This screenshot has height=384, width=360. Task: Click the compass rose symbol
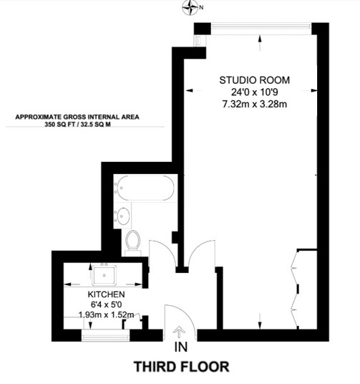[190, 8]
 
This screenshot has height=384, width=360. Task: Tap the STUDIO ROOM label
[254, 80]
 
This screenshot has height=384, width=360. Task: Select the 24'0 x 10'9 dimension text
[255, 92]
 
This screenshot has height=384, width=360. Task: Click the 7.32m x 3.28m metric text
[255, 104]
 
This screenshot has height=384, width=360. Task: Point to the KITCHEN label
[106, 294]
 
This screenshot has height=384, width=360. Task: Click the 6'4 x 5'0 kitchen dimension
[106, 304]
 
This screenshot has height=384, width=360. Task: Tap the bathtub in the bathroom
[145, 188]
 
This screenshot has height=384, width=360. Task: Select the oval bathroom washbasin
[123, 216]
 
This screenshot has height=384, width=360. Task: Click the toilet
[132, 242]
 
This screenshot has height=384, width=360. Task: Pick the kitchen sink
[104, 275]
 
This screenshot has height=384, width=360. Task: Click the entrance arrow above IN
[180, 333]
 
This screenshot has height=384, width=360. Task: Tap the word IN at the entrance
[181, 347]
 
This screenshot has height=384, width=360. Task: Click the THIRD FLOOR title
[181, 367]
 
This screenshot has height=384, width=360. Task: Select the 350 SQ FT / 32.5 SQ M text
[77, 124]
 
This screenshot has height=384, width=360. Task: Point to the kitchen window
[105, 335]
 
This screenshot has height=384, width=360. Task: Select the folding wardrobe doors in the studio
[295, 289]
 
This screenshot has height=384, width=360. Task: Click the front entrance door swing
[184, 315]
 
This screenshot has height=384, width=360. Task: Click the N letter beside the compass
[201, 8]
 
